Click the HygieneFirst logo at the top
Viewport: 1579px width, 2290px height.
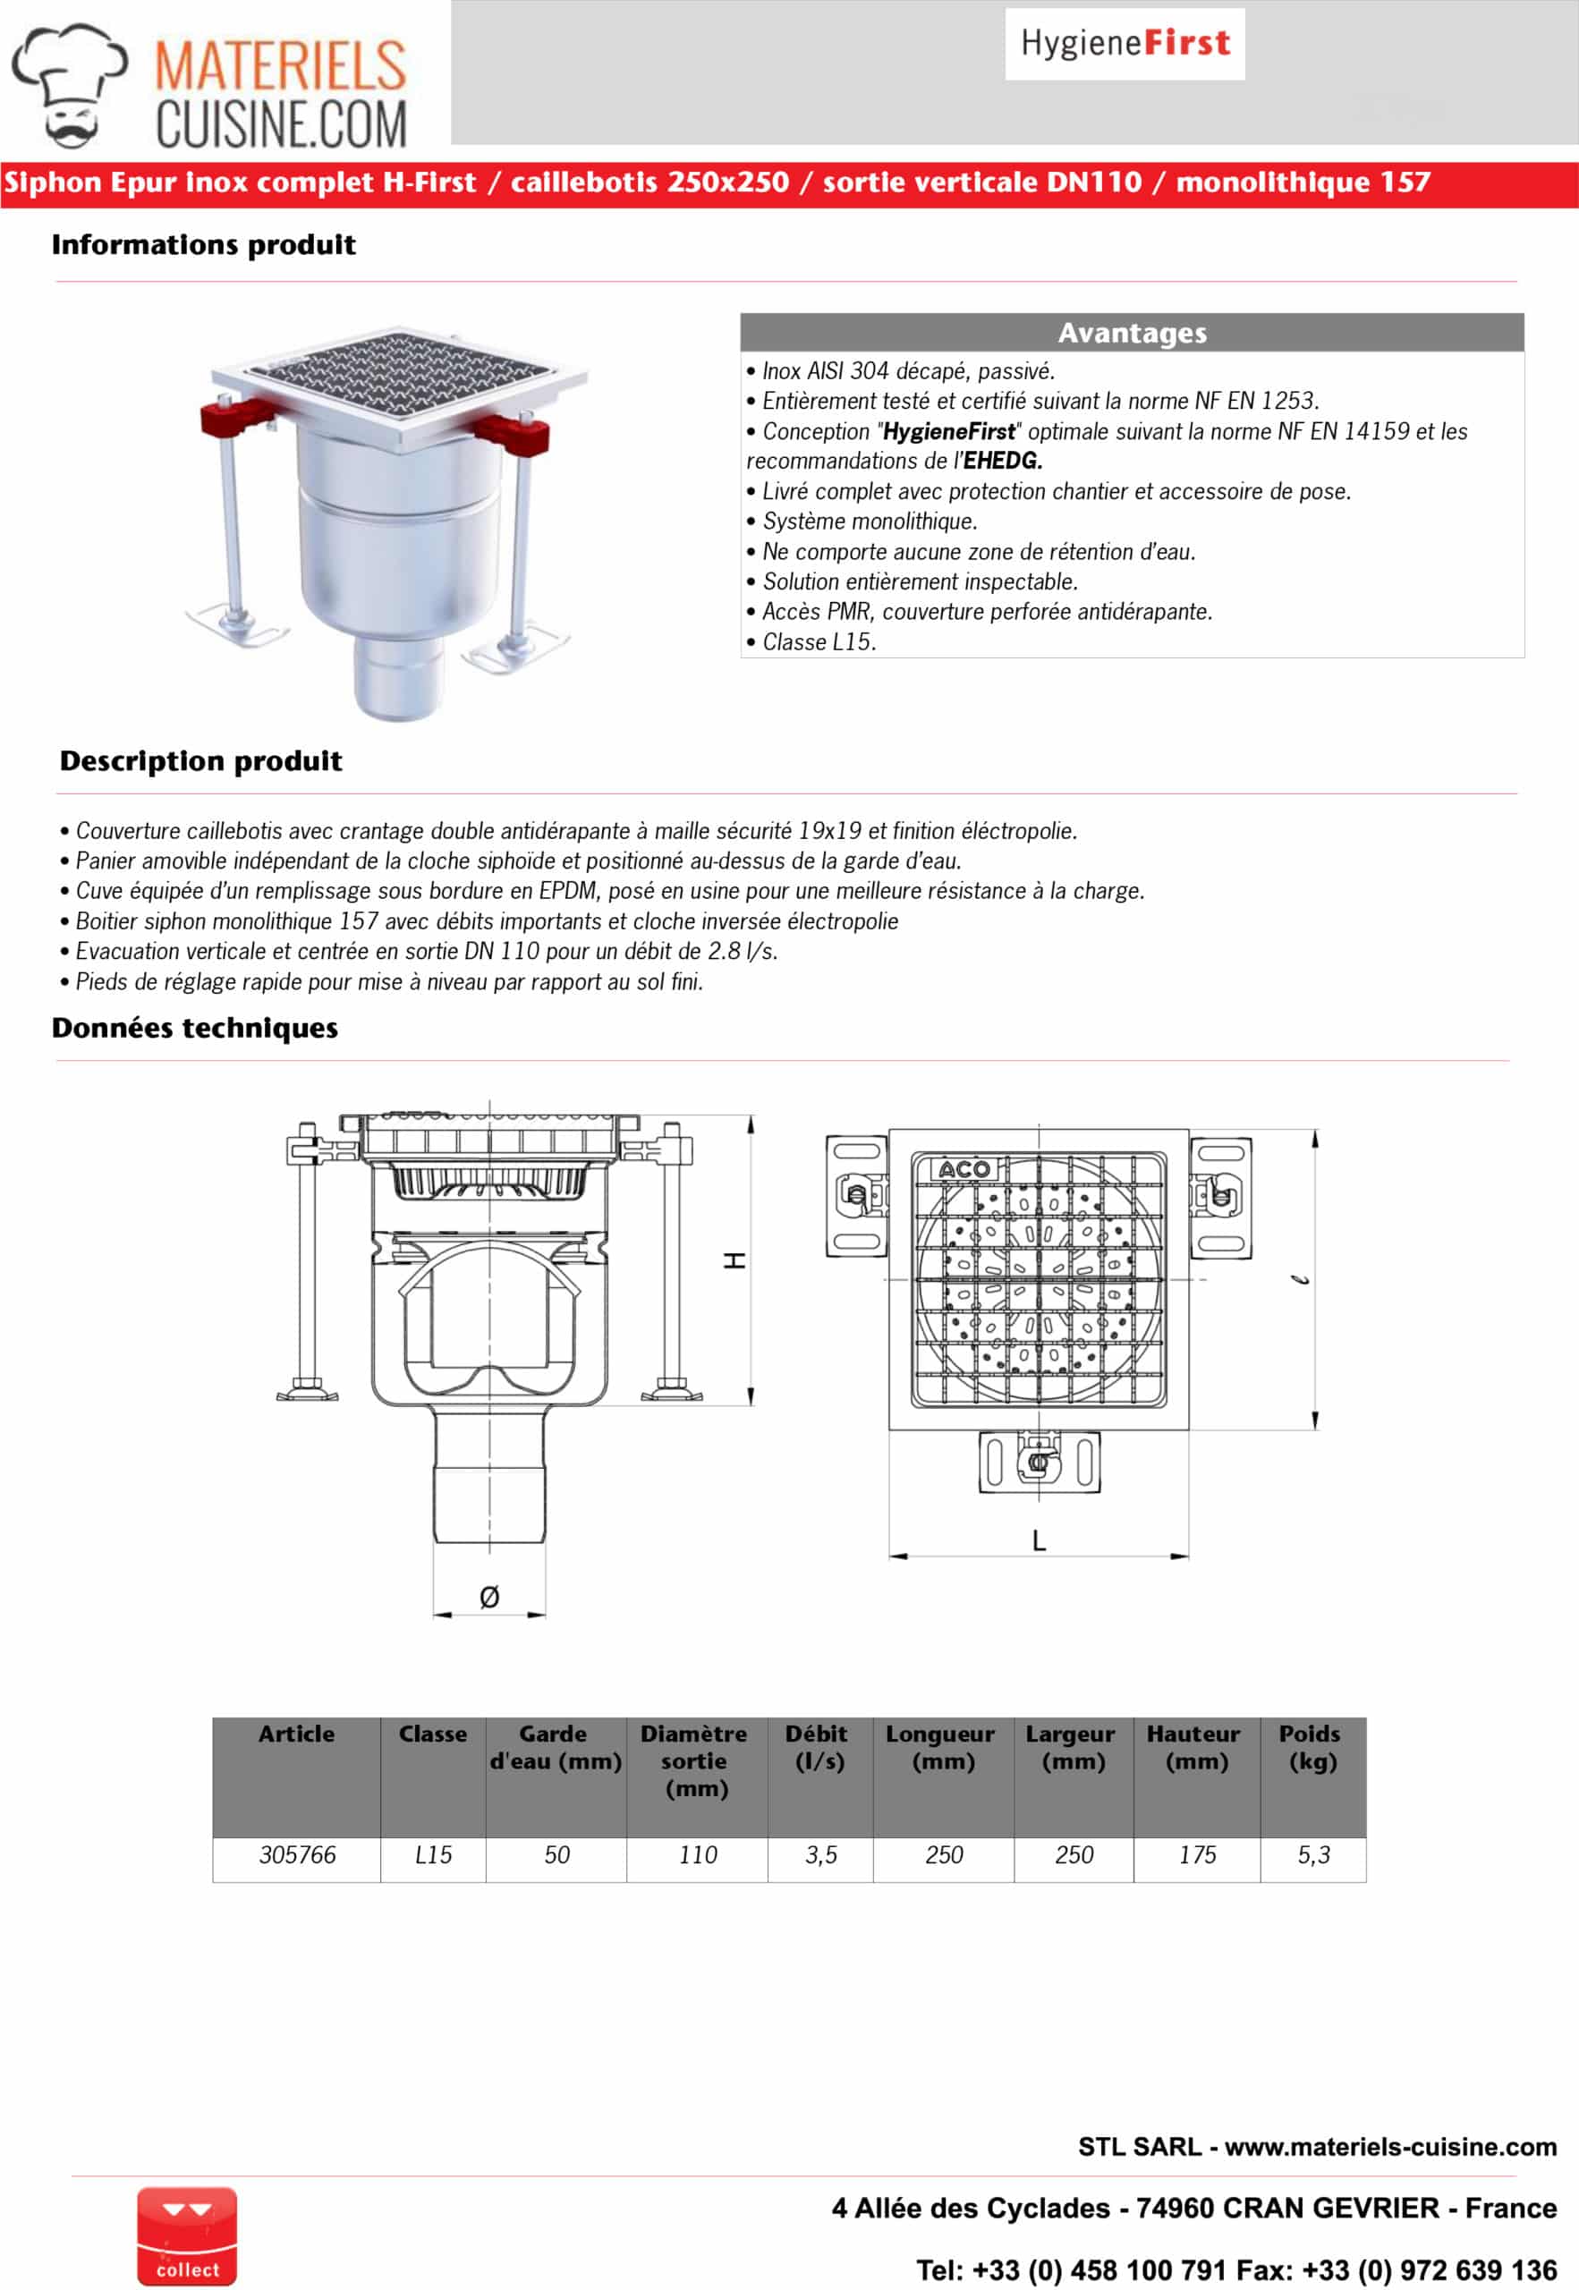pyautogui.click(x=1125, y=44)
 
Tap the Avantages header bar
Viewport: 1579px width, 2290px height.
pyautogui.click(x=1132, y=334)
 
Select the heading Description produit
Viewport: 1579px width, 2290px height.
pyautogui.click(x=200, y=760)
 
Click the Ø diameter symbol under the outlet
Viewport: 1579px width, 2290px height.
pyautogui.click(x=488, y=1597)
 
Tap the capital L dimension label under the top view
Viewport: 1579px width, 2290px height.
pyautogui.click(x=1039, y=1540)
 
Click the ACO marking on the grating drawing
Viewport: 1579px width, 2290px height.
pyautogui.click(x=964, y=1169)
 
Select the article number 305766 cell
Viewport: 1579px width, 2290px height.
pyautogui.click(x=297, y=1854)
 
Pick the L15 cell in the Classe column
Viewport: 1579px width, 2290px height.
pyautogui.click(x=433, y=1854)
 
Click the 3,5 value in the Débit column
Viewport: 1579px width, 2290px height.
pyautogui.click(x=820, y=1854)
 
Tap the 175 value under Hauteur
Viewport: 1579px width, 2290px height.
pyautogui.click(x=1197, y=1854)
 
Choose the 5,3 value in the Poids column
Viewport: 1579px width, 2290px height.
pyautogui.click(x=1313, y=1854)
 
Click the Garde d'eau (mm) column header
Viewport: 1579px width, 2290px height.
pyautogui.click(x=555, y=1748)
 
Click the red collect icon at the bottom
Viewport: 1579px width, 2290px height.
pyautogui.click(x=187, y=2235)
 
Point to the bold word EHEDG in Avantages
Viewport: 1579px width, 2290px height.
pyautogui.click(x=1002, y=461)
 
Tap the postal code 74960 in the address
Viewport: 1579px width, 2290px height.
pyautogui.click(x=1171, y=2208)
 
